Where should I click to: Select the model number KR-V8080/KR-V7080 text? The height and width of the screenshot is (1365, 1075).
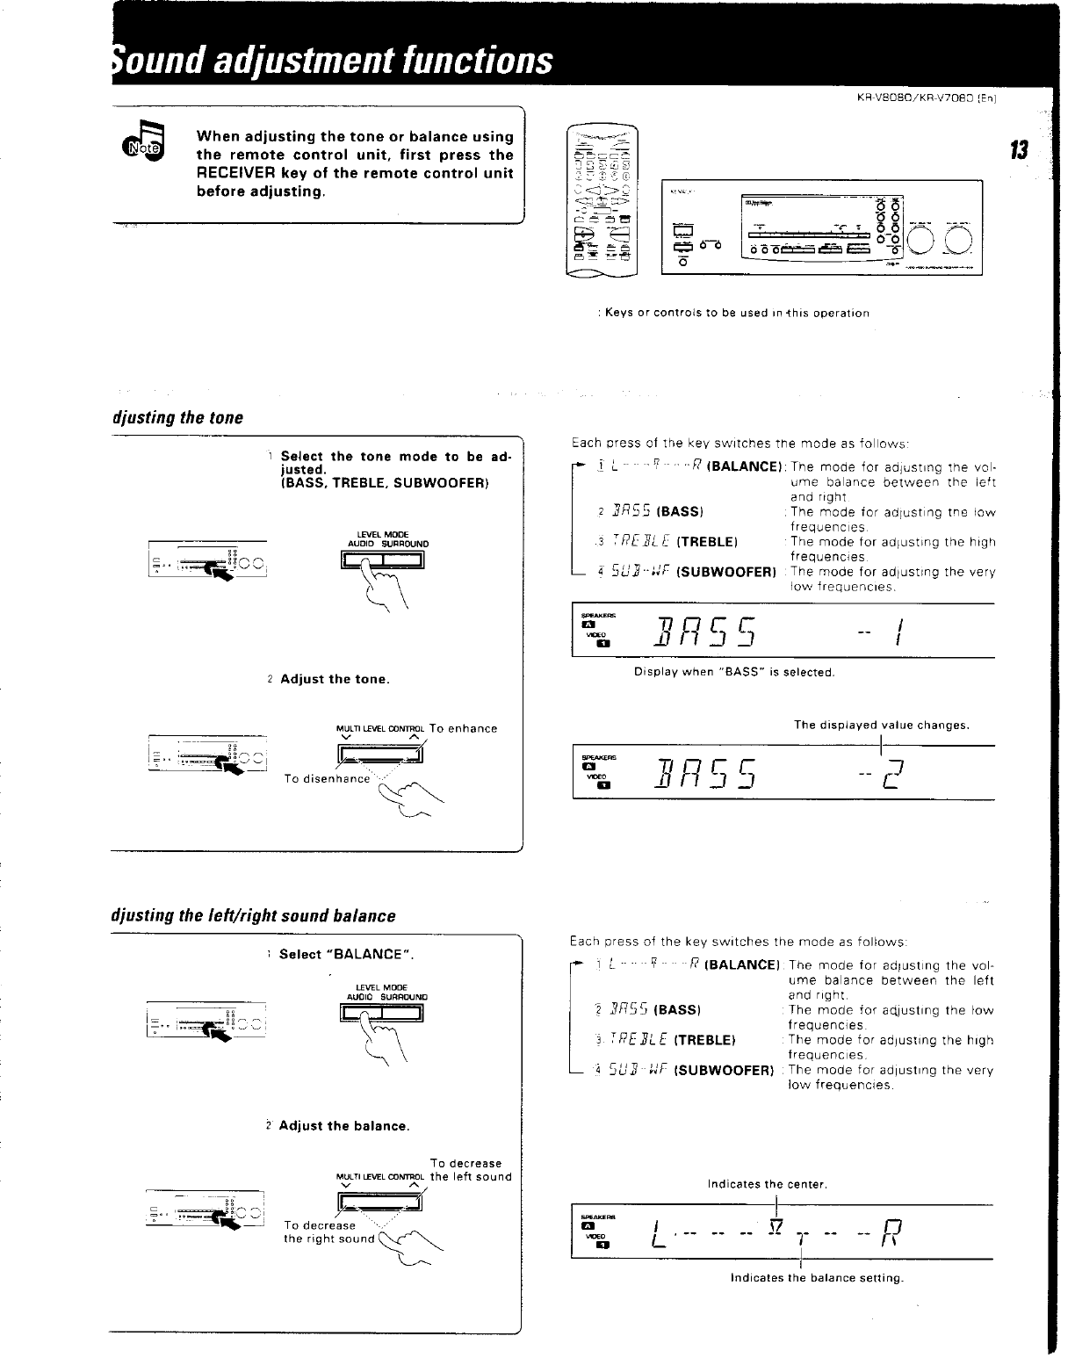(x=931, y=98)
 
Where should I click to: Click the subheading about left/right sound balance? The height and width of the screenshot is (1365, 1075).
(x=253, y=916)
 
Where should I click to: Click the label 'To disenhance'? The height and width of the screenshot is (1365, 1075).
(x=327, y=778)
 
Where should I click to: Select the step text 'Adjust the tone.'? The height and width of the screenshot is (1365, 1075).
(x=335, y=679)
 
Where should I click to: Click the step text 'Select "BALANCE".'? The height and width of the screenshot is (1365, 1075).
(x=346, y=954)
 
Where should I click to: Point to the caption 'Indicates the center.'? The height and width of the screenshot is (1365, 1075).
(x=768, y=1184)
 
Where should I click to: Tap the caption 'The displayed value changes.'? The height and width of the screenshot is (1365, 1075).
(x=881, y=725)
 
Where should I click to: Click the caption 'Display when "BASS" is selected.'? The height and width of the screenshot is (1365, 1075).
(x=733, y=672)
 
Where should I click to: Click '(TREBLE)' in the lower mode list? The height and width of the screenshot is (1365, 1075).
(x=704, y=1040)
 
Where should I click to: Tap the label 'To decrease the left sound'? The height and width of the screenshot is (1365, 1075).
(x=470, y=1170)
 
